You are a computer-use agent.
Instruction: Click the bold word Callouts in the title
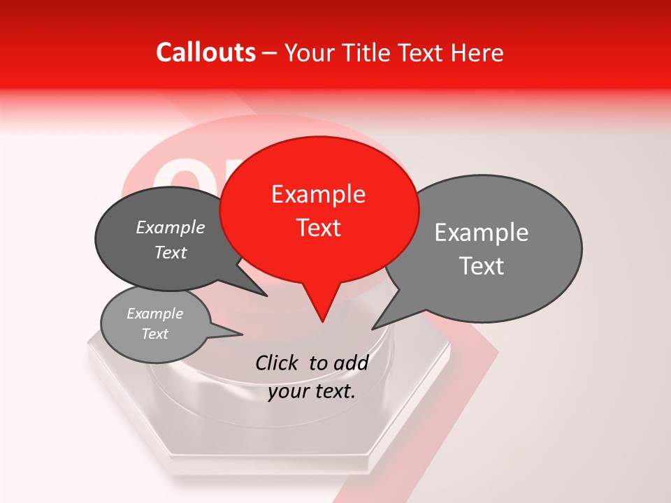[205, 52]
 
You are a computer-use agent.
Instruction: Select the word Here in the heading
[477, 52]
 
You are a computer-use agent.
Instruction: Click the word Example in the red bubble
[318, 194]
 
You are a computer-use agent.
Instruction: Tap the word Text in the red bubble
[319, 227]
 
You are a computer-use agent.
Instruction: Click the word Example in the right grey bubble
[482, 233]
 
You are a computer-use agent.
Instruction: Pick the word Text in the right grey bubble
[482, 265]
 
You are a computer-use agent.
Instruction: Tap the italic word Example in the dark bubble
[171, 228]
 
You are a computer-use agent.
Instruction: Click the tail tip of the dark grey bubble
[266, 296]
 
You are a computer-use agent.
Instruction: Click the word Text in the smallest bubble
[155, 334]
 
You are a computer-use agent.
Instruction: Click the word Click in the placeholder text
[279, 363]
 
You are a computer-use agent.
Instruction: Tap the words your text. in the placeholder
[312, 391]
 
